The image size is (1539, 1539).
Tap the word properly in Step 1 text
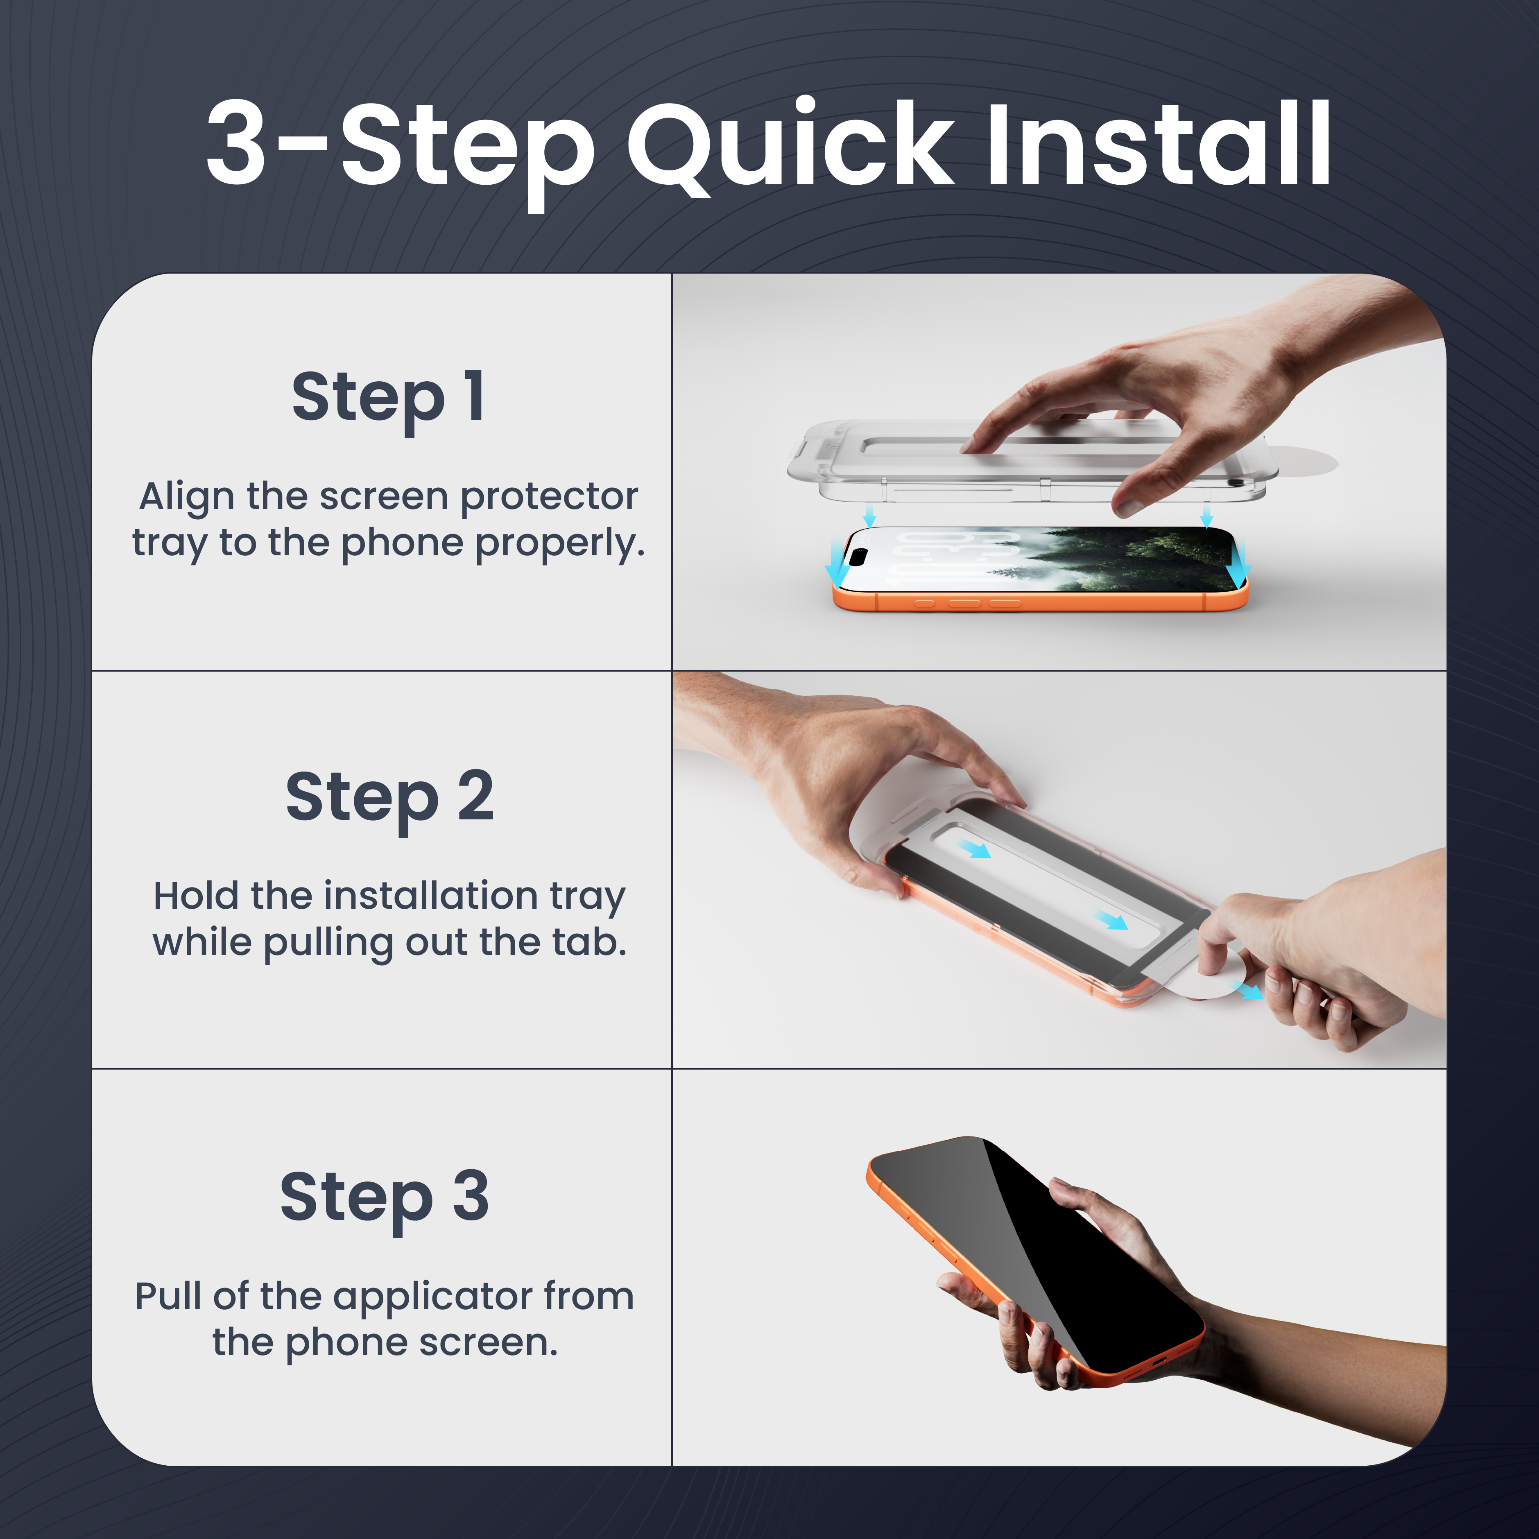[560, 545]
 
